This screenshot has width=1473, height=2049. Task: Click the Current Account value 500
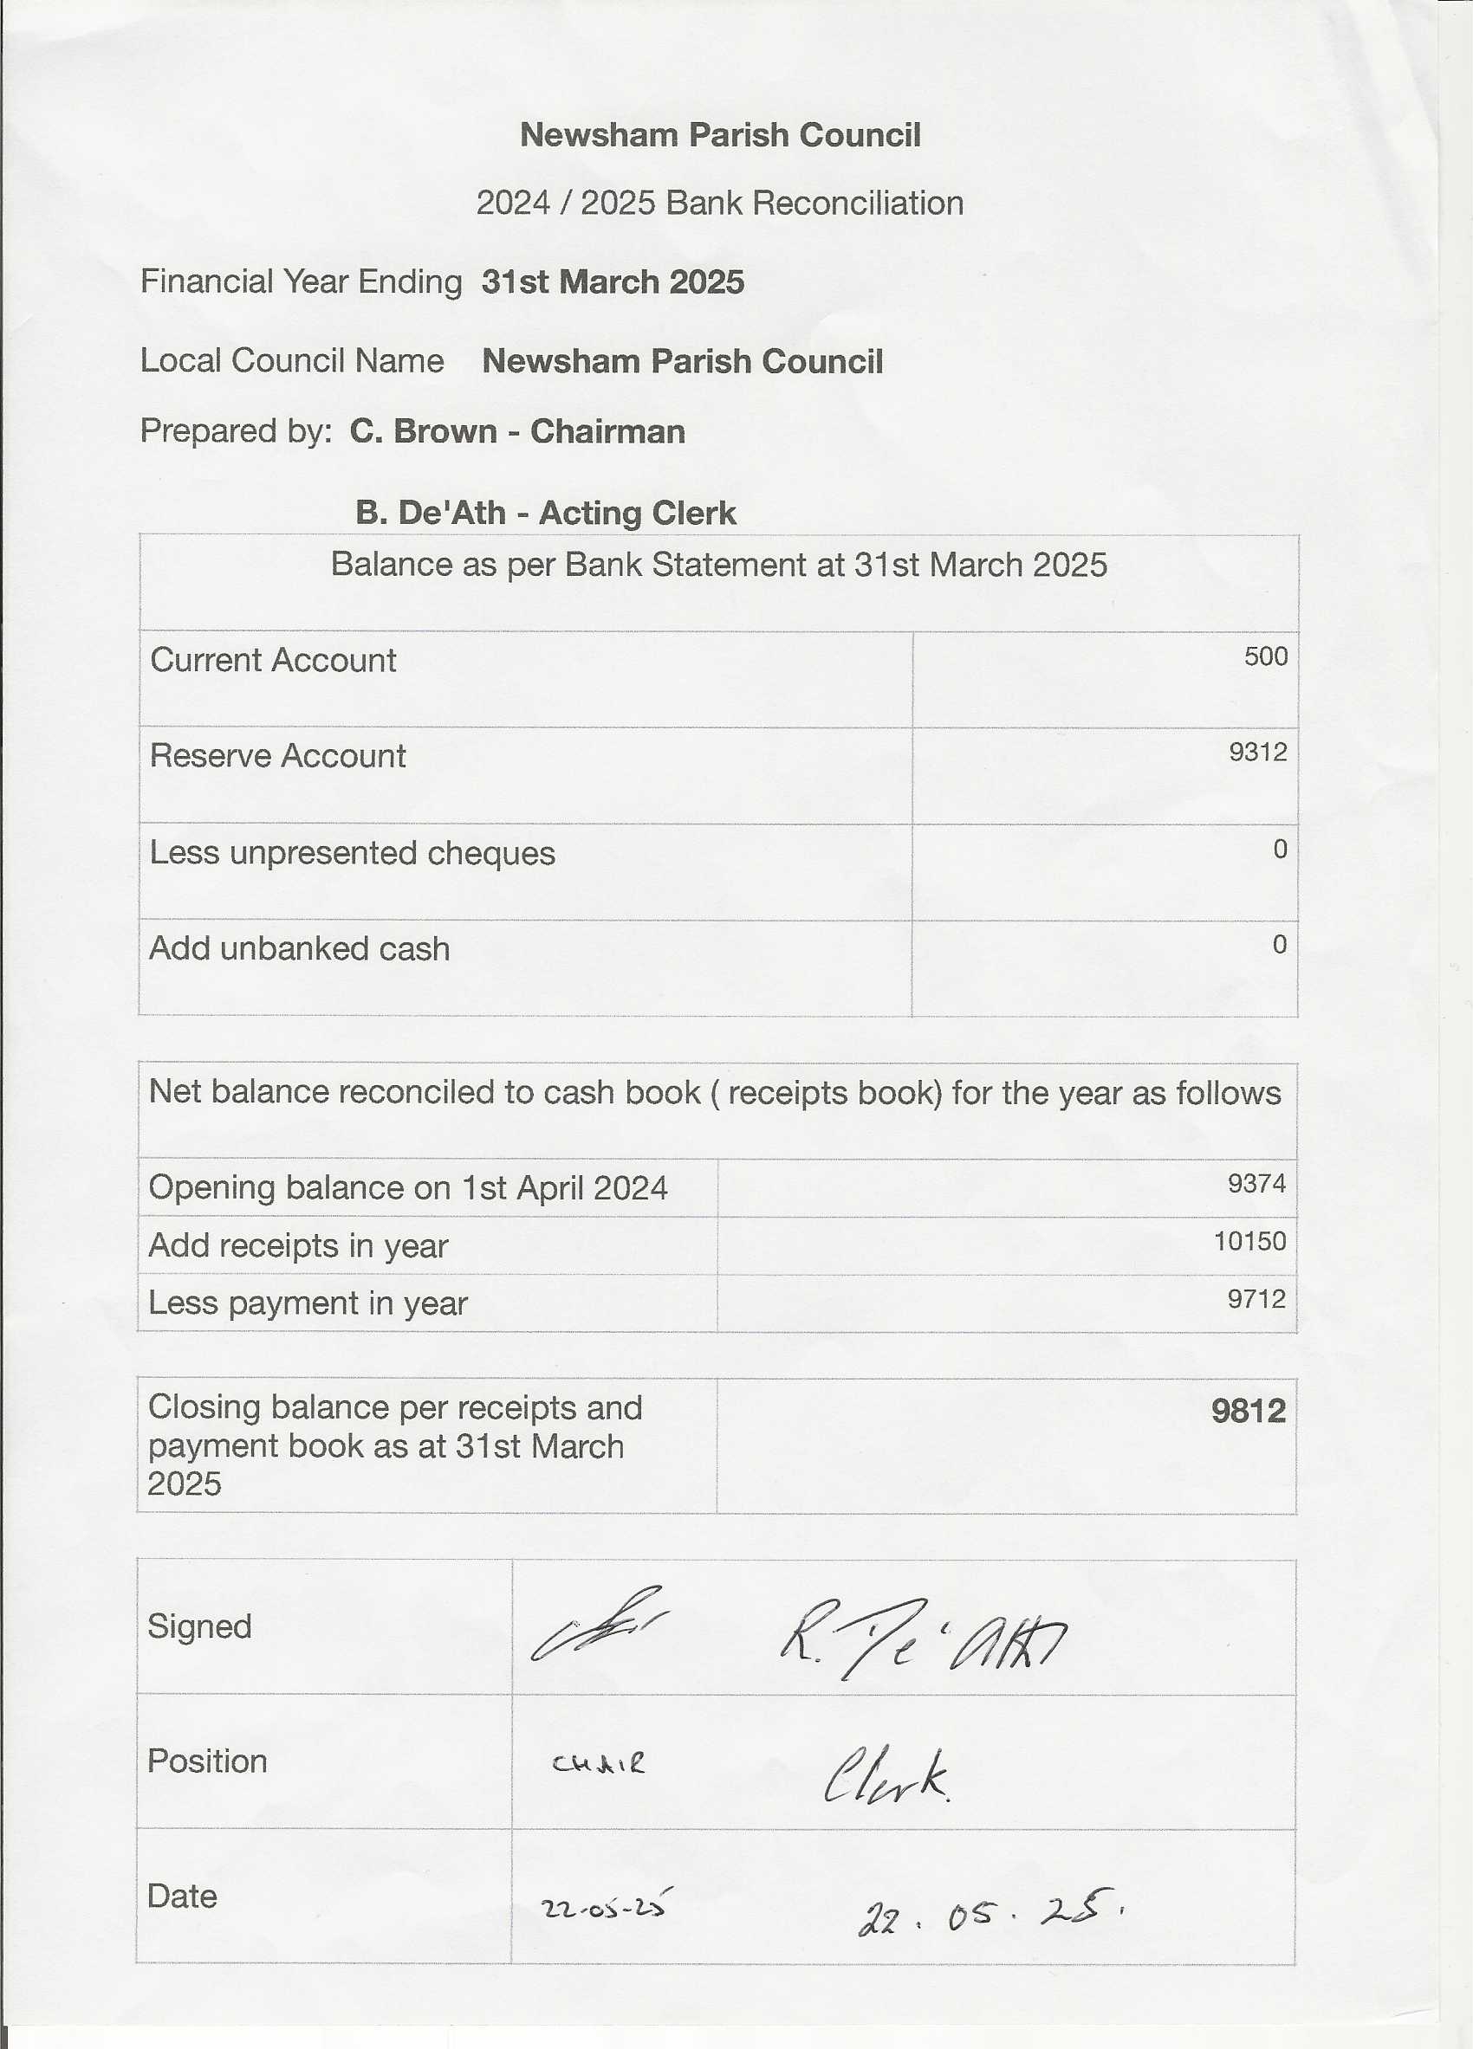1265,656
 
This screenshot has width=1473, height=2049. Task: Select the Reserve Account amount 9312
1257,752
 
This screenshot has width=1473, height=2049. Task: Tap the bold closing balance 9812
1248,1410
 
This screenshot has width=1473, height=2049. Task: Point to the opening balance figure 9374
1256,1183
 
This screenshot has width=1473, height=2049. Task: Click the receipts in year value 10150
1249,1240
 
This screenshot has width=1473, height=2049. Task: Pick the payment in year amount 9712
1256,1298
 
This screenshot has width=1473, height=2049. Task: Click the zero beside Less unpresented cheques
1280,850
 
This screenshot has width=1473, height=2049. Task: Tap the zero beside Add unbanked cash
1280,945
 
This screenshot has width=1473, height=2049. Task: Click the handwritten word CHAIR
599,1763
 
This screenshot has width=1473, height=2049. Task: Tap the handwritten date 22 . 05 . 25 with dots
990,1912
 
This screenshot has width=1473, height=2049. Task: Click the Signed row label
199,1626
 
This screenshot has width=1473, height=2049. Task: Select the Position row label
207,1761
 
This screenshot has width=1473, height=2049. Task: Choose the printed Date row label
182,1896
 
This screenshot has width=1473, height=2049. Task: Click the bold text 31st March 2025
613,281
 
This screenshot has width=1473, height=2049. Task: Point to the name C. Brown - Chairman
517,431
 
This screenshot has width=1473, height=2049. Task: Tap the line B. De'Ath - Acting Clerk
545,513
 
